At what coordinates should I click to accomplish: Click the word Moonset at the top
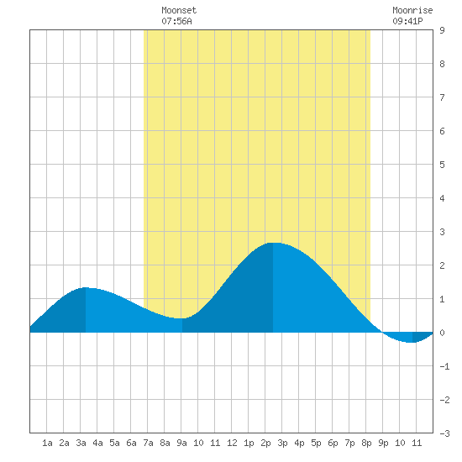coord(179,10)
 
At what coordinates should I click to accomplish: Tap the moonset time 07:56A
coord(176,21)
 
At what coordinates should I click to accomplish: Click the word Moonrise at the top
coord(412,10)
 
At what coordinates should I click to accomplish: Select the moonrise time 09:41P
coord(407,21)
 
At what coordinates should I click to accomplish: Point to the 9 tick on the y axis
coord(442,30)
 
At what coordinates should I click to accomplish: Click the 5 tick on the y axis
coord(442,165)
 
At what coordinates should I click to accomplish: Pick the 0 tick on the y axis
coord(442,333)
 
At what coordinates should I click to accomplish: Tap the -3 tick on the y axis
coord(444,433)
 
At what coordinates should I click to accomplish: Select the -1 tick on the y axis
coord(444,366)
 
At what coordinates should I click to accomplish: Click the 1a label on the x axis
coord(47,443)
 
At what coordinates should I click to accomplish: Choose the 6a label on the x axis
coord(131,443)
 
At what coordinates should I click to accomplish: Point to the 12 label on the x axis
coord(232,443)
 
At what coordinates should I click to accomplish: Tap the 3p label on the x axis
coord(282,444)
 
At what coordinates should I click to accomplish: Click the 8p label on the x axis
coord(366,444)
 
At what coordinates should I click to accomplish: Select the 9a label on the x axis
coord(181,443)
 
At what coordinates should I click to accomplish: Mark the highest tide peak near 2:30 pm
coord(273,243)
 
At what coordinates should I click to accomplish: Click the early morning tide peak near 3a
coord(86,287)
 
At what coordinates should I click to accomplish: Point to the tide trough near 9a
coord(181,318)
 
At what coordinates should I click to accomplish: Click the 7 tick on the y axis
coord(442,97)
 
